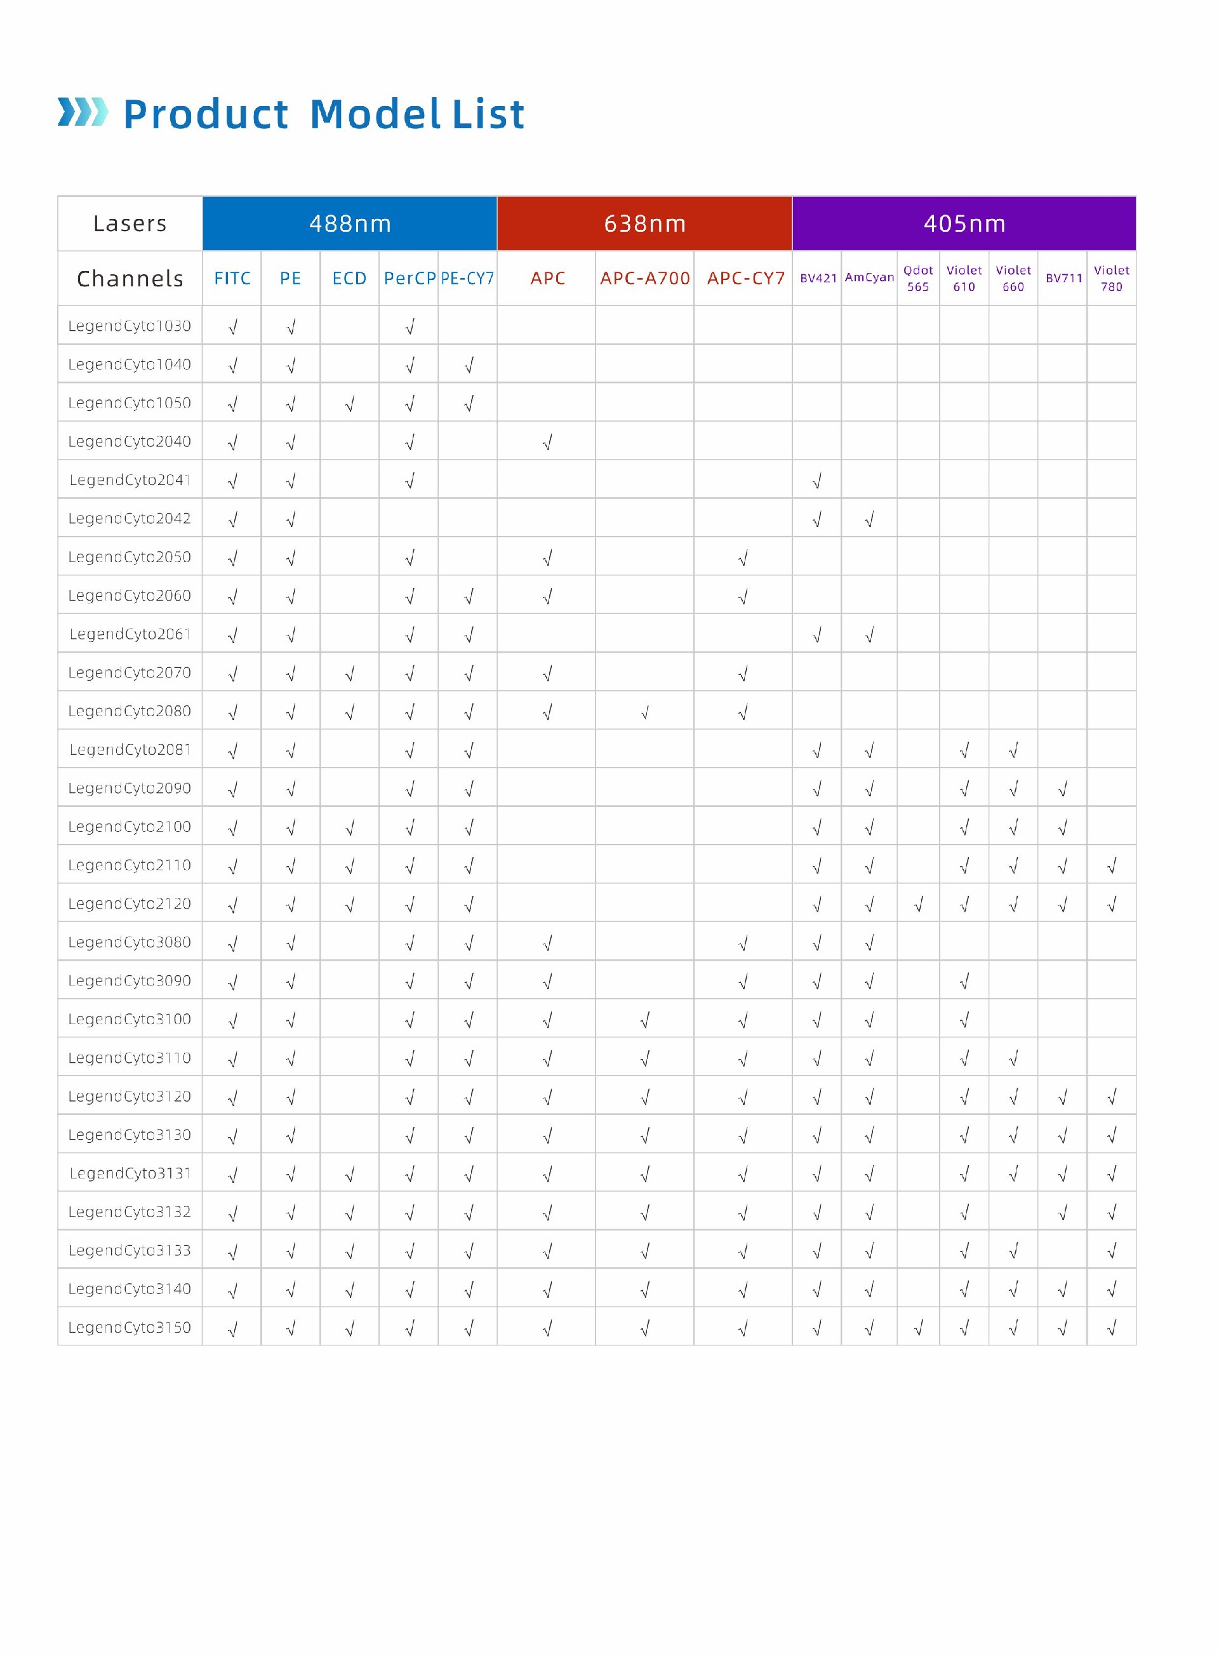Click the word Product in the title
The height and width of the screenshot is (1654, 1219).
pos(205,115)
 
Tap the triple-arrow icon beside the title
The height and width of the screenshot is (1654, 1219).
pos(83,112)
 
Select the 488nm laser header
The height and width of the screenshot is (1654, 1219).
pos(350,223)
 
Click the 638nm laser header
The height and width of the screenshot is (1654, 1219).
pos(644,223)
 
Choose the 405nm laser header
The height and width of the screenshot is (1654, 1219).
pos(964,223)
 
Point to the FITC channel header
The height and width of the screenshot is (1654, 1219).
pos(232,278)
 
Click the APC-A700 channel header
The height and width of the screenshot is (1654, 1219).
pos(644,278)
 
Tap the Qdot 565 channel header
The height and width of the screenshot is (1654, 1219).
pos(918,278)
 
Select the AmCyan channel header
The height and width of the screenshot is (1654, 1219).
pos(869,277)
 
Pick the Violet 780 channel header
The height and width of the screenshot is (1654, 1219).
pos(1110,278)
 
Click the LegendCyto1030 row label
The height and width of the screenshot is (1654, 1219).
pos(130,325)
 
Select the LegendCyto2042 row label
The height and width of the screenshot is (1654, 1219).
pos(130,518)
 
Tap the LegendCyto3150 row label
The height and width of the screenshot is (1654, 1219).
pos(130,1326)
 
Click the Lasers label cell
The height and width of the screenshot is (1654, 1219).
pos(130,223)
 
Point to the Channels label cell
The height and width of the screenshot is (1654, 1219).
pos(130,278)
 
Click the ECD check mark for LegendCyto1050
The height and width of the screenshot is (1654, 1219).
pos(350,404)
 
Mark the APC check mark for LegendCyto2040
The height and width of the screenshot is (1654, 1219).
pos(547,442)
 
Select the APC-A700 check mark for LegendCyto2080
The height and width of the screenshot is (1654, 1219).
pos(644,712)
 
